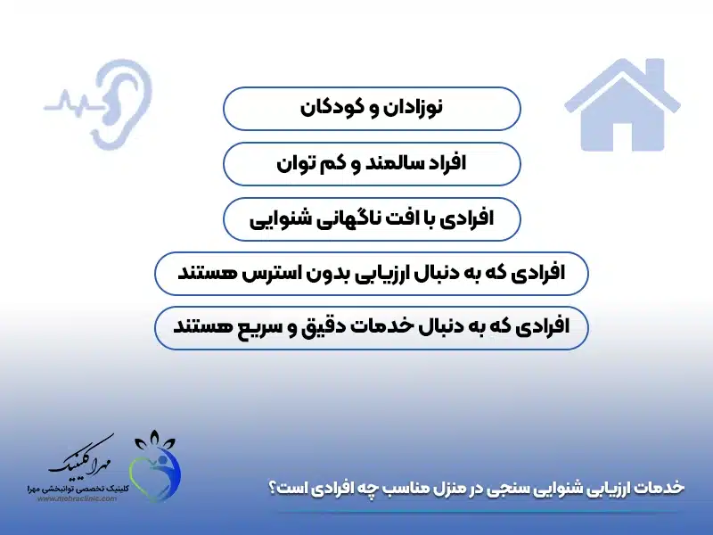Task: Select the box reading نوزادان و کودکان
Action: pos(371,108)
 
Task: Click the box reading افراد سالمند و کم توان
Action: pos(371,163)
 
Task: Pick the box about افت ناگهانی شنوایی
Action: pos(371,218)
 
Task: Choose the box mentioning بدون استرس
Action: pos(371,273)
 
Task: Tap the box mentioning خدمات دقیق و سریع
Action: pos(371,327)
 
